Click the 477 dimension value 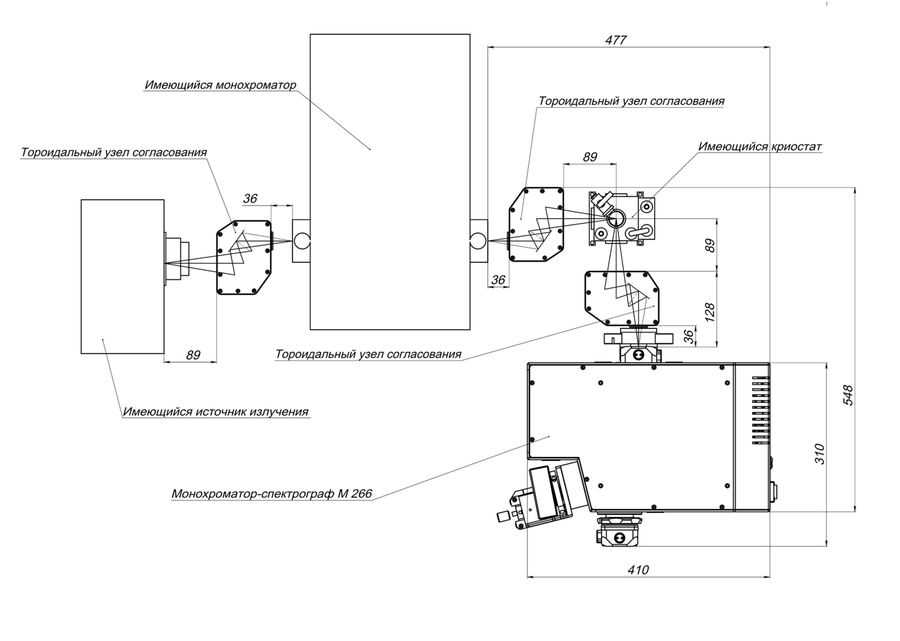click(616, 40)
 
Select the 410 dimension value click(638, 570)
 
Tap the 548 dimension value click(847, 395)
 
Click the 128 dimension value click(710, 312)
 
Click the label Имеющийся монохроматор click(220, 85)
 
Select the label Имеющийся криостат click(760, 147)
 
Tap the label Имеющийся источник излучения click(216, 412)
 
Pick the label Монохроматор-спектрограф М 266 click(272, 494)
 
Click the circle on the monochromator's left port click(301, 241)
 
